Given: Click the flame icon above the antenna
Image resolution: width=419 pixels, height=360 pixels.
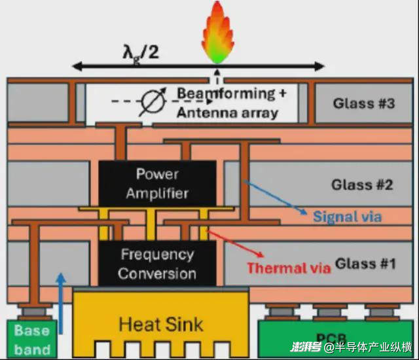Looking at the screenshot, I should pos(216,29).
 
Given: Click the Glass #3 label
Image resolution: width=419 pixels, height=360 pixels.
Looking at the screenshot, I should pos(363,103).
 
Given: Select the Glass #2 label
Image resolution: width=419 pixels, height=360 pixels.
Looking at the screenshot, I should pos(362,185).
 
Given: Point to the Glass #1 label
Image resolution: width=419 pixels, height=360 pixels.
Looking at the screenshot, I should pos(366,264).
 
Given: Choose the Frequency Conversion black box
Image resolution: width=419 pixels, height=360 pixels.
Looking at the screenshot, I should pos(157,263).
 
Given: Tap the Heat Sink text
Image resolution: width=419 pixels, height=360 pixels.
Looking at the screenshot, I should pos(160,323).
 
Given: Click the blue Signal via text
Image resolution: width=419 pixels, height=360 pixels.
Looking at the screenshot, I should pos(347,217).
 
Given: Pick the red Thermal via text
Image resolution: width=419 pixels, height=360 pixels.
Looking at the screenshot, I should pos(285,268).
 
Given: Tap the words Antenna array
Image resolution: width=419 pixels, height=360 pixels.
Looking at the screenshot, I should pos(227,112).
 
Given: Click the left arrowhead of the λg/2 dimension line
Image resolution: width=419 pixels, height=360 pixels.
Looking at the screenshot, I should pos(76,66).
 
